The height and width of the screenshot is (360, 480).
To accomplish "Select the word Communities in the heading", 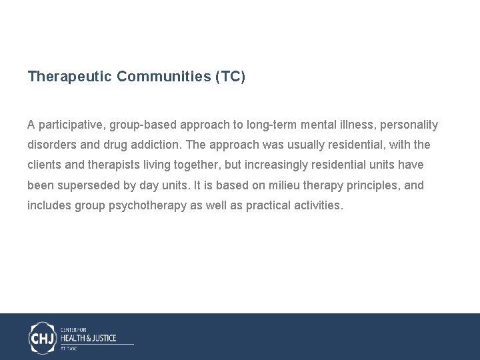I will (163, 77).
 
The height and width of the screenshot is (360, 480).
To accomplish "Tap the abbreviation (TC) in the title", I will (230, 77).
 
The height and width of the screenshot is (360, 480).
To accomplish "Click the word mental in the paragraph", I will (321, 125).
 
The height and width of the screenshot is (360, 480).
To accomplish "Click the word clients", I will (45, 165).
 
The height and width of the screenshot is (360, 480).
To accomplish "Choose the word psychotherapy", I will (147, 205).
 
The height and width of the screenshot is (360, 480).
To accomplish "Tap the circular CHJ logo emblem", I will (43, 337).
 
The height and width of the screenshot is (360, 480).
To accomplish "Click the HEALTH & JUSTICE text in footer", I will (89, 338).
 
